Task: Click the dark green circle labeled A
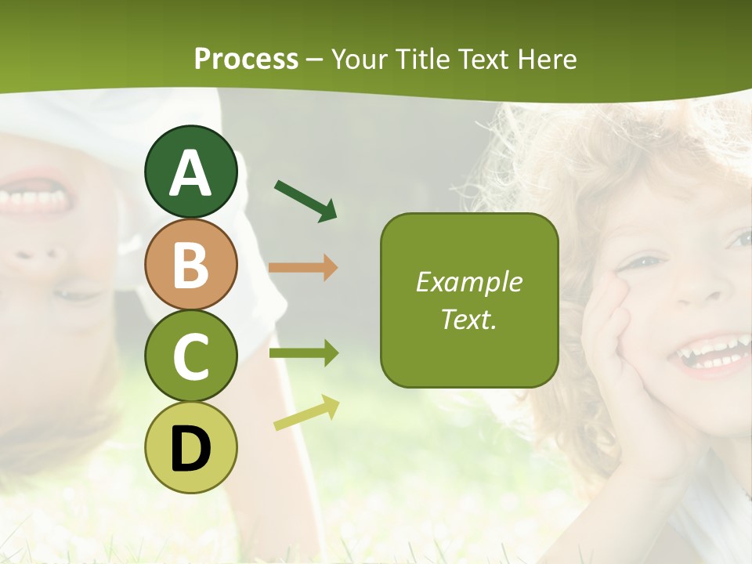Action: pos(191,172)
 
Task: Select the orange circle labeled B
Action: pos(191,264)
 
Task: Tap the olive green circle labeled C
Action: pos(191,356)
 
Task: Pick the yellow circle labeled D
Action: pos(191,447)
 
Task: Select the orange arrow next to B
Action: pos(302,267)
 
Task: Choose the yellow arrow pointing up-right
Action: pos(306,412)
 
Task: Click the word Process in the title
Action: pos(246,59)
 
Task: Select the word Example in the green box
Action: pos(468,282)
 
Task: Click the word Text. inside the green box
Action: pos(468,319)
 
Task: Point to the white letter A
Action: pos(191,173)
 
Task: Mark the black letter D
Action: pos(191,450)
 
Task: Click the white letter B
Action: pos(191,265)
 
